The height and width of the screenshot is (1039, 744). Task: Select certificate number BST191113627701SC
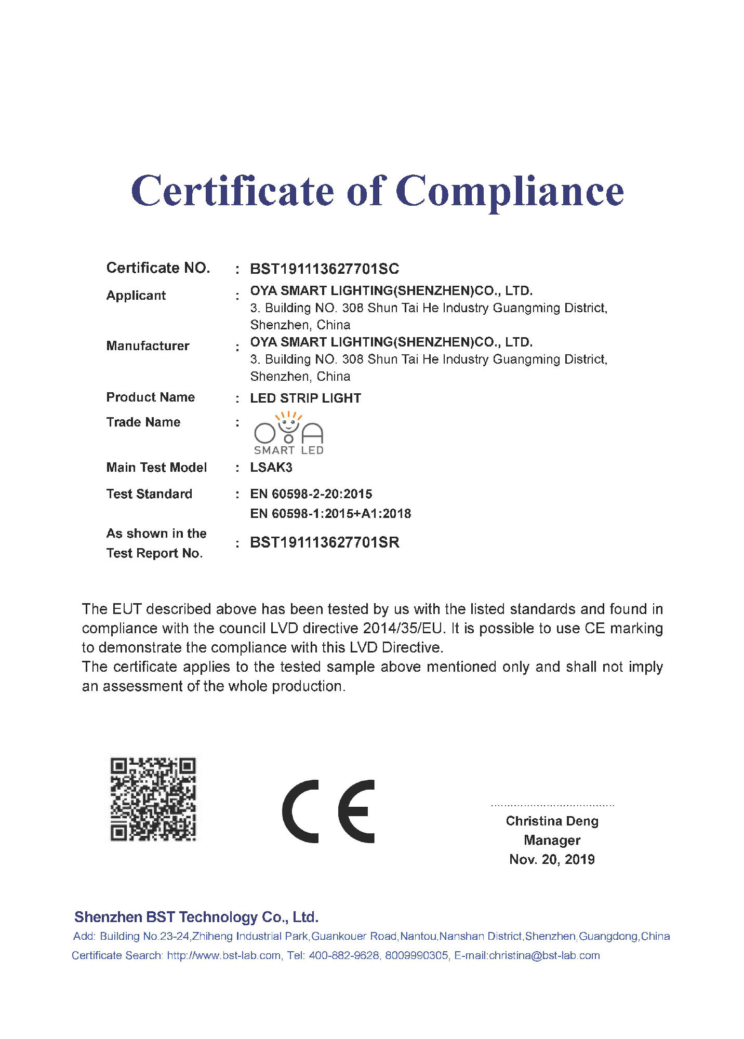[324, 269]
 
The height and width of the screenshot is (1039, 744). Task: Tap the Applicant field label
[136, 296]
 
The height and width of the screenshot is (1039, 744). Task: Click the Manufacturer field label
[148, 346]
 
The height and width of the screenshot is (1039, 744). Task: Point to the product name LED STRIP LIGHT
[305, 398]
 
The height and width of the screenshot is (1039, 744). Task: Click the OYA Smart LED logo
[288, 434]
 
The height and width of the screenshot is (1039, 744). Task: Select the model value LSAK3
[271, 468]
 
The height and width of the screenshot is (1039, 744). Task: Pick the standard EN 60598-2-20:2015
[311, 494]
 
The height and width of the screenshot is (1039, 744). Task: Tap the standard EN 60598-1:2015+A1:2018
[330, 514]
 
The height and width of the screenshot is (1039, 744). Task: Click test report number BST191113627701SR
[324, 543]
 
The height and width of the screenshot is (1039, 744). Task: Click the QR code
[153, 799]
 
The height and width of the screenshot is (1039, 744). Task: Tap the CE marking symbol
[328, 811]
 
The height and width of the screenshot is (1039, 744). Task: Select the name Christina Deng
[552, 821]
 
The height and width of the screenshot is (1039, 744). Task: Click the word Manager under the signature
[552, 840]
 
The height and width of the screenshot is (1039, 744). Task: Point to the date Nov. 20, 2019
[552, 859]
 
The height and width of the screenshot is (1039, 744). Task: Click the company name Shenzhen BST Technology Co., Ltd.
[196, 917]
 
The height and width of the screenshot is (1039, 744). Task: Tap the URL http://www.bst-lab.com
[223, 955]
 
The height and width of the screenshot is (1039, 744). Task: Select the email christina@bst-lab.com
[544, 955]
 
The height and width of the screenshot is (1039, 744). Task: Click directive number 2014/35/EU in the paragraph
[403, 629]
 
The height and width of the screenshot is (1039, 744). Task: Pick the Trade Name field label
[143, 422]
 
